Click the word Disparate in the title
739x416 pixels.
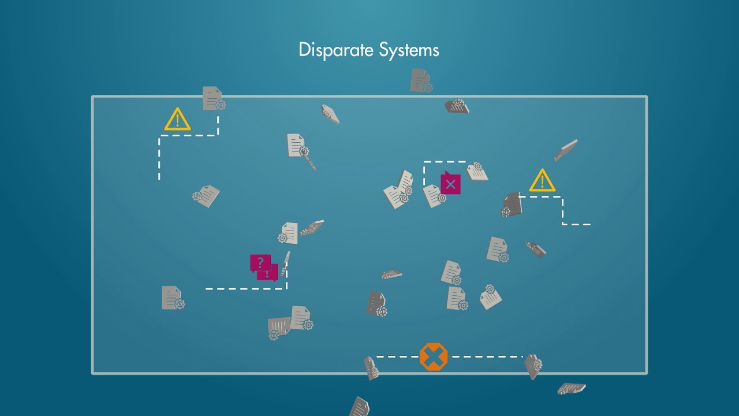pos(337,50)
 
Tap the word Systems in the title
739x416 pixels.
pos(409,50)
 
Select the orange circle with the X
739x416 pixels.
pos(434,356)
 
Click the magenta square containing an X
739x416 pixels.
pos(451,184)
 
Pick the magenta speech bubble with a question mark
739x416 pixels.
pos(260,263)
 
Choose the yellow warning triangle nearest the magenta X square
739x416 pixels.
pos(542,181)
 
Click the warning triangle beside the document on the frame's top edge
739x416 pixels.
pos(177,119)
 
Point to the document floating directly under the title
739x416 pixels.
pos(421,80)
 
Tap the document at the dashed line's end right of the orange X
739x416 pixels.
pos(533,366)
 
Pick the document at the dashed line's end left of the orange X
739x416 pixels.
pos(371,369)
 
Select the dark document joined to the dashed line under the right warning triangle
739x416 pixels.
pos(512,205)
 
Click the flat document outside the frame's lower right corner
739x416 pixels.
pos(572,389)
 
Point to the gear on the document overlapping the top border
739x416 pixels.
pos(221,105)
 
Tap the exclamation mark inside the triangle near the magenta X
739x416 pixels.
pos(542,182)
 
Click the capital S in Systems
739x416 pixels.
pos(385,50)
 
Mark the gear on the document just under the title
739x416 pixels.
pos(427,87)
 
